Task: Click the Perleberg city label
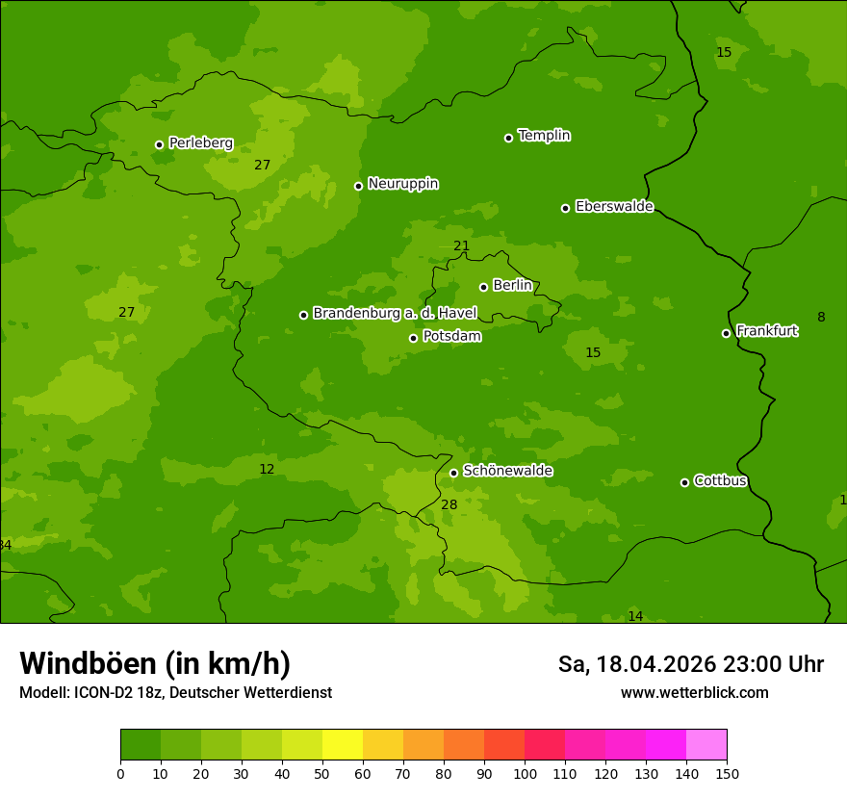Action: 200,143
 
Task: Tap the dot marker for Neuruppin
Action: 358,186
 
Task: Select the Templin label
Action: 544,136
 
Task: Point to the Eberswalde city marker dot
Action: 565,208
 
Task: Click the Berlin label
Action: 512,286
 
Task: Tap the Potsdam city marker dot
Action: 413,338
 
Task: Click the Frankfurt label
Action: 766,331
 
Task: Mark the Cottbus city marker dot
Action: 684,482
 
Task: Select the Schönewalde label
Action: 507,471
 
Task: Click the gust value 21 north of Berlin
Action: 461,246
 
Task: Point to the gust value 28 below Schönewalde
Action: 449,504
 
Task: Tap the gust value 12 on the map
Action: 267,470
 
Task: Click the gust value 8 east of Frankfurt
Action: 821,318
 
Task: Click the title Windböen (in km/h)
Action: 155,663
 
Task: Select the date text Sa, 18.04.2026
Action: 638,664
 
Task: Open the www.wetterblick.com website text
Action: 694,693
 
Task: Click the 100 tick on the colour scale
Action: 525,773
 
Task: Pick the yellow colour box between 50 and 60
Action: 343,745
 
